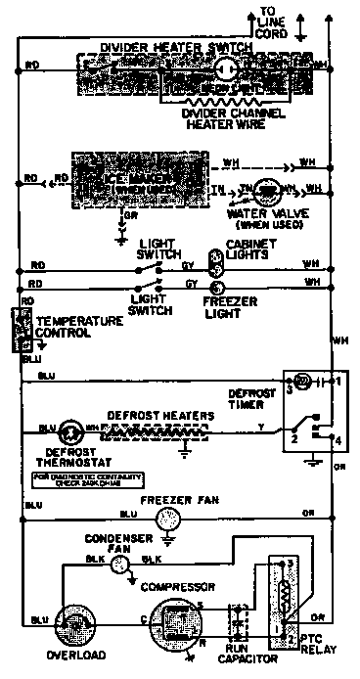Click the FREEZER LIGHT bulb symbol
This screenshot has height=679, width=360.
tap(218, 286)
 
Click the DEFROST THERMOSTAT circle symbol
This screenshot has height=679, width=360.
tap(69, 429)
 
